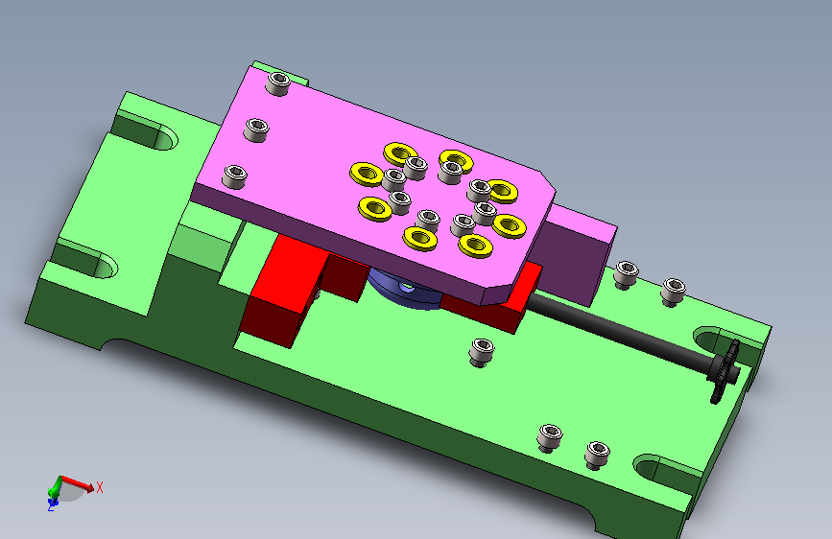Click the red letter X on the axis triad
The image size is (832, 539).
[x=100, y=487]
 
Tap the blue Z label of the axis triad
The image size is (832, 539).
[x=51, y=506]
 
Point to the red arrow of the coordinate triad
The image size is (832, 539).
[x=78, y=483]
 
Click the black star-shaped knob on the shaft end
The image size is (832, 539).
[x=724, y=371]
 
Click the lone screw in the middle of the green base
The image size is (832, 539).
[x=482, y=352]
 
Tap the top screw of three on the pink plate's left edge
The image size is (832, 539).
[x=277, y=83]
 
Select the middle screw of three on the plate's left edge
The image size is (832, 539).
[x=256, y=129]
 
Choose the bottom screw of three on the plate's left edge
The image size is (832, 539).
[x=234, y=176]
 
